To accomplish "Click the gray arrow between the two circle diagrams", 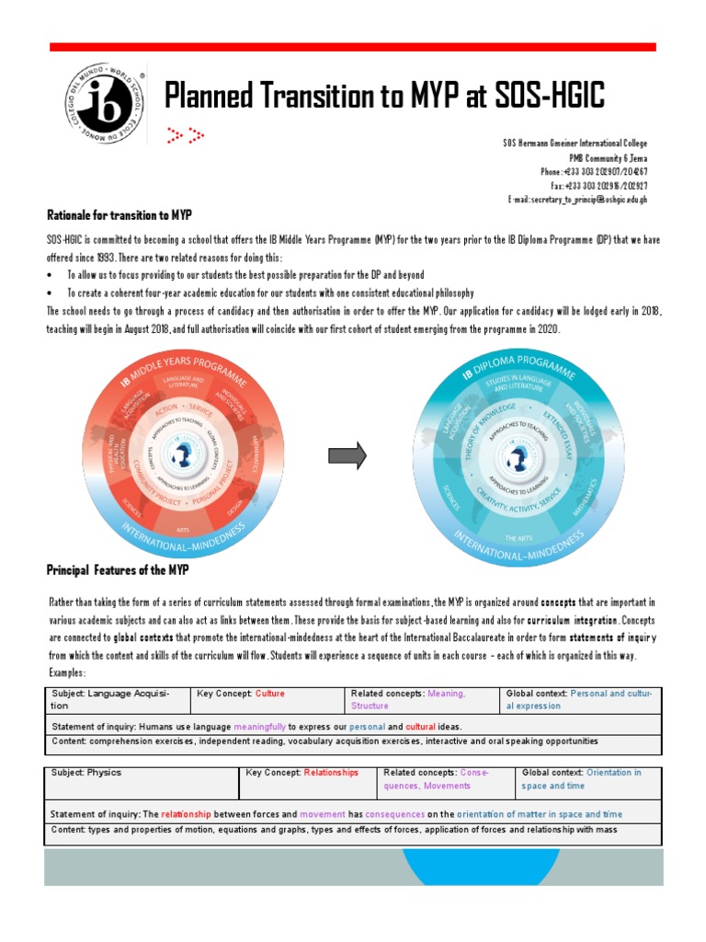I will (347, 454).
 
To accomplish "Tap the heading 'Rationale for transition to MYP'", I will (119, 215).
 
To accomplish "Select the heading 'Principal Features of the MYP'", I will (117, 570).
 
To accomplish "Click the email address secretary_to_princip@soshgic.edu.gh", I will (577, 200).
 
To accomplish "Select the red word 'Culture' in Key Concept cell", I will (270, 694).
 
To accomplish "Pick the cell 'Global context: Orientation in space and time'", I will (586, 779).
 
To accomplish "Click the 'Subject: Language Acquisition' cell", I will (116, 700).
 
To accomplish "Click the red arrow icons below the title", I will (185, 136).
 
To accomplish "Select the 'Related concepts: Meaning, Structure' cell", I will (421, 700).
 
